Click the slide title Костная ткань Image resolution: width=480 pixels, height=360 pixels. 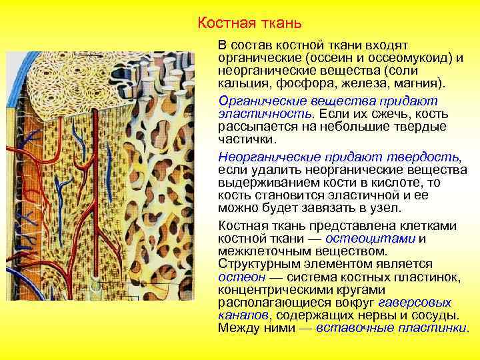click(250, 24)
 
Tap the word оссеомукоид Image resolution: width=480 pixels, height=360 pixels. click(398, 58)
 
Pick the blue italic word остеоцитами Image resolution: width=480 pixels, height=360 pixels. click(381, 239)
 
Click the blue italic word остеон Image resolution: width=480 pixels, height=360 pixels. click(237, 277)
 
